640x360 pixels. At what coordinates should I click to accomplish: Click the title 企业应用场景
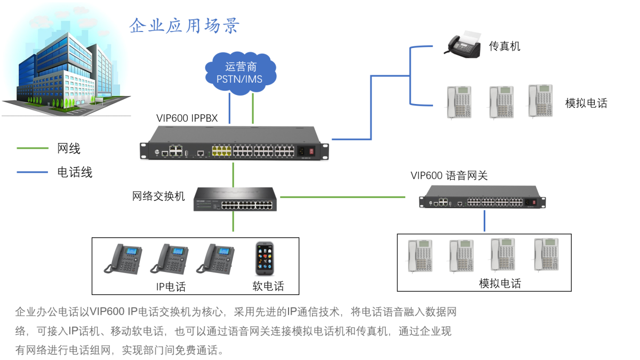[185, 26]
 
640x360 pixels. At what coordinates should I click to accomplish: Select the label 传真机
[505, 46]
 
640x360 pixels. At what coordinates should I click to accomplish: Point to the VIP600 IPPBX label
[187, 118]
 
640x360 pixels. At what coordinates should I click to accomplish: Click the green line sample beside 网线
[33, 149]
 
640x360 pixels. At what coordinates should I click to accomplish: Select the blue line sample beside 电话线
[33, 172]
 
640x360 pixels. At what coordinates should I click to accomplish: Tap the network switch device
[235, 198]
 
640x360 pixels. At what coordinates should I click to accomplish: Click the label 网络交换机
[158, 196]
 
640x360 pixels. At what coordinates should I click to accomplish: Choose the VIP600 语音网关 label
[449, 175]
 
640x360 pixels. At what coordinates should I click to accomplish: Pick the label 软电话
[268, 286]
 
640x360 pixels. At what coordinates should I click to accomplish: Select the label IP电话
[171, 287]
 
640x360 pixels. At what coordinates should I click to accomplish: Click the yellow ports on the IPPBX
[221, 151]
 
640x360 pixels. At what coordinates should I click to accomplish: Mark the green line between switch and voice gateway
[342, 197]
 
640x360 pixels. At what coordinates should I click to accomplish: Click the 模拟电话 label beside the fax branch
[586, 103]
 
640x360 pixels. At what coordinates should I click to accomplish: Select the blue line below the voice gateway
[484, 220]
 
